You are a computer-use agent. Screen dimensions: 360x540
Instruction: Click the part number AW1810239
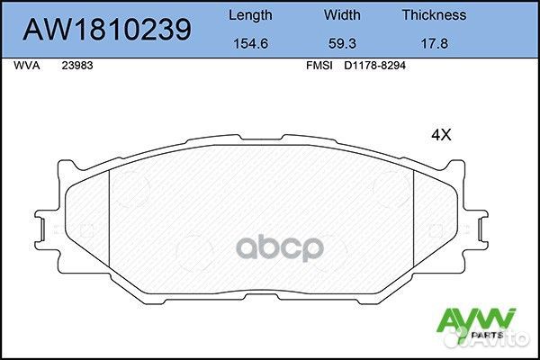[x=106, y=29]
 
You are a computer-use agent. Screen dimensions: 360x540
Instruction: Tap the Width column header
[x=341, y=14]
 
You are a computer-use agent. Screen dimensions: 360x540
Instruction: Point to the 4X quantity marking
[x=441, y=135]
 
